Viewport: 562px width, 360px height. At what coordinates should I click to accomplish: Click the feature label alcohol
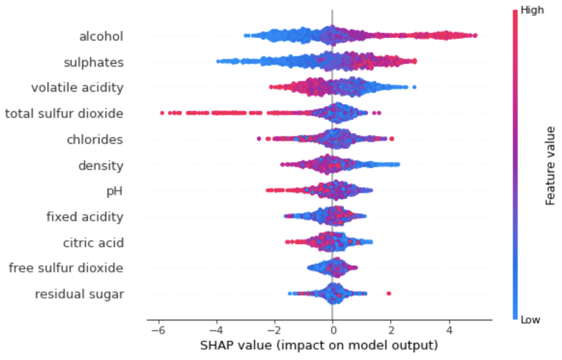101,36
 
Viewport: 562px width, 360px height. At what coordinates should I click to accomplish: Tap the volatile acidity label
77,88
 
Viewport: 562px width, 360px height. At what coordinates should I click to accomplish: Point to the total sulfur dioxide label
65,113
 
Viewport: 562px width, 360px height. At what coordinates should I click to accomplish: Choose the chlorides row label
95,139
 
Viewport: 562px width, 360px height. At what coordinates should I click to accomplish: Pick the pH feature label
114,191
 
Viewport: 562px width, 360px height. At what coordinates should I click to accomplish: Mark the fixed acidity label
85,217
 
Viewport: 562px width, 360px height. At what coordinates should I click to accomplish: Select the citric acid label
93,243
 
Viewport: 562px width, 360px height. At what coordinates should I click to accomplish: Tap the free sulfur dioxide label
66,268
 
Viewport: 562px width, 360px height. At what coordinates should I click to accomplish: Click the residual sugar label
79,294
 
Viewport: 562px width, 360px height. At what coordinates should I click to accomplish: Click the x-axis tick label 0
332,329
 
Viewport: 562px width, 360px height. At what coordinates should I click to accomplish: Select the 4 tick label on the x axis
449,329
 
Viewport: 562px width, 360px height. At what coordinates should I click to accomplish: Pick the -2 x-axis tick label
273,329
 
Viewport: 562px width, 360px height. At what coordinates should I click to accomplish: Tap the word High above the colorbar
530,11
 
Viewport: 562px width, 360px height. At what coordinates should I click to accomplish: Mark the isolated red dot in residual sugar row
388,293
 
